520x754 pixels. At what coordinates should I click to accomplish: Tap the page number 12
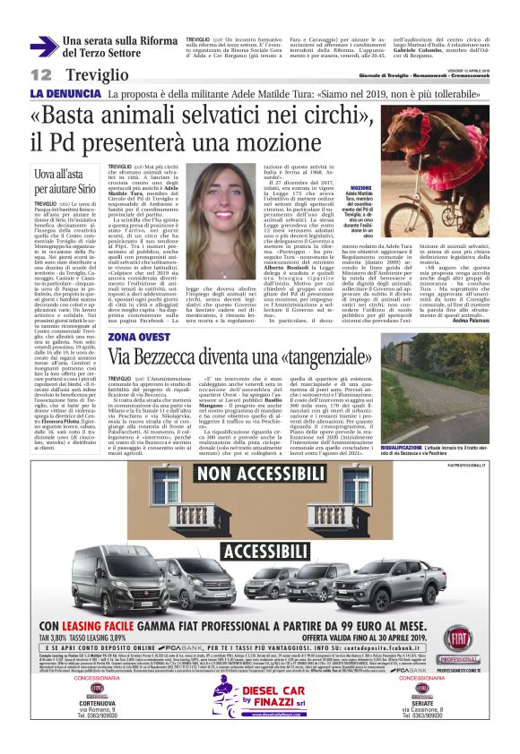point(40,74)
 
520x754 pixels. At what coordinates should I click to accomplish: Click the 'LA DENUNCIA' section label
point(62,93)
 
